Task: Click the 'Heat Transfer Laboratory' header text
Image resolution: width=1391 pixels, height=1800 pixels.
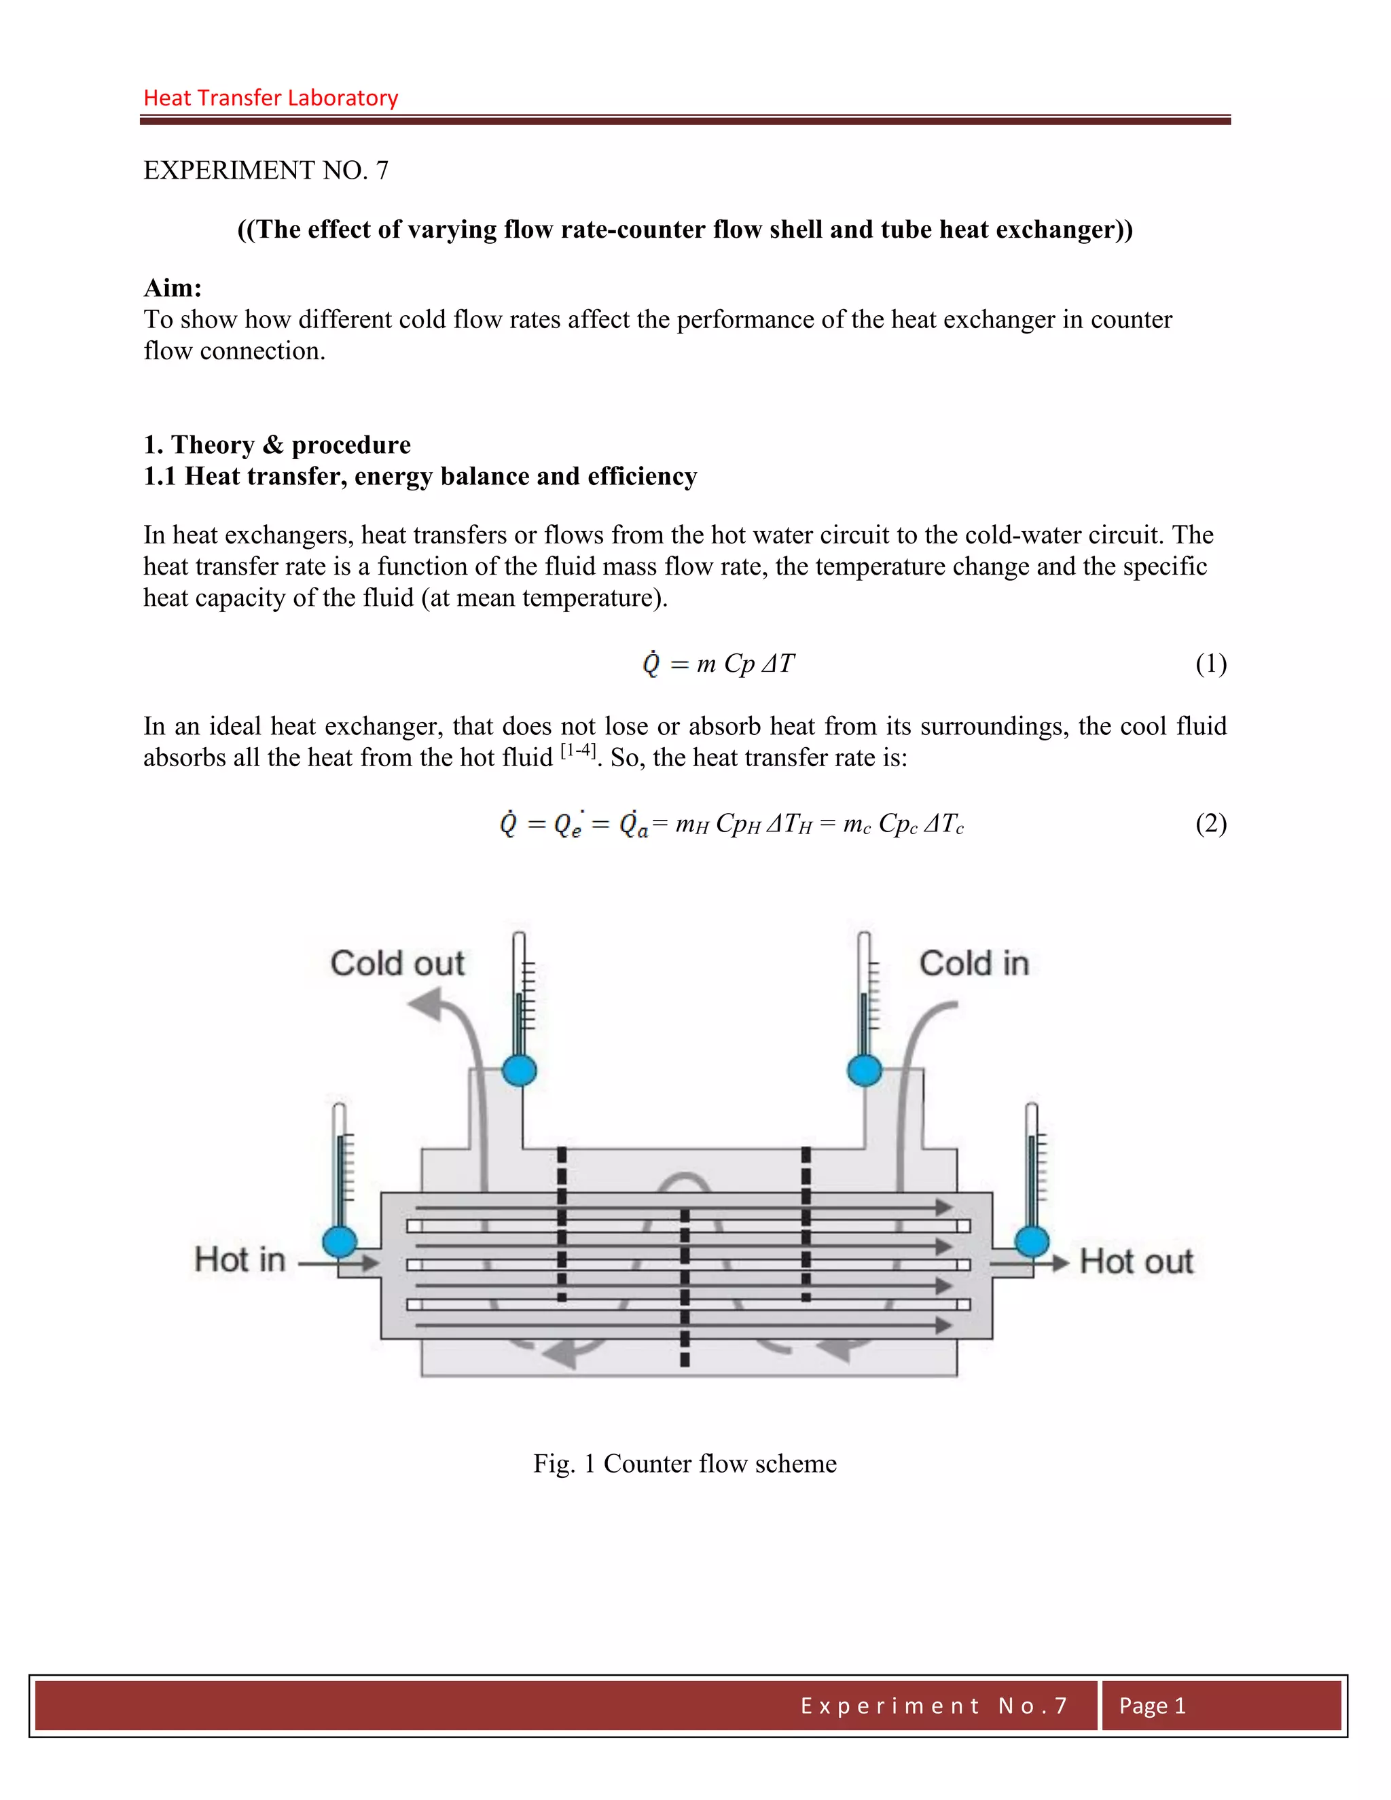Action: [270, 98]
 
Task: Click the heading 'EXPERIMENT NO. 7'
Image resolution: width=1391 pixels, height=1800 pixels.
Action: [266, 170]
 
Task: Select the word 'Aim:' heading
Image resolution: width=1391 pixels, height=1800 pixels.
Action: [173, 287]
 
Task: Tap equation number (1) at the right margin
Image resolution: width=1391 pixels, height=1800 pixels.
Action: [1210, 664]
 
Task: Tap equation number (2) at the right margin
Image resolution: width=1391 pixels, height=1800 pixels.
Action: [1210, 824]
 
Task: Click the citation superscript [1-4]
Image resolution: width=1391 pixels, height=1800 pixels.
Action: [578, 750]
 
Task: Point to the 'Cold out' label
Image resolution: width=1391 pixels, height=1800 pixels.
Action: [397, 963]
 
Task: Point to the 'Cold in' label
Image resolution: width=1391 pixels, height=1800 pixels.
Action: [974, 963]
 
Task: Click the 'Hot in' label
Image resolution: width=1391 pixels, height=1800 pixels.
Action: [240, 1260]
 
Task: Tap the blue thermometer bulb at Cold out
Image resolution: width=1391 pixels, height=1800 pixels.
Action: [519, 1070]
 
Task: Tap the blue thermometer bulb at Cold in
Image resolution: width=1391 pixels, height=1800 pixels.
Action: [865, 1070]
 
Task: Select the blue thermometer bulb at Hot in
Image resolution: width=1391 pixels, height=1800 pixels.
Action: [340, 1241]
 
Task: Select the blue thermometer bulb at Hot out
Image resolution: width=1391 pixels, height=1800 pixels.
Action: [1032, 1241]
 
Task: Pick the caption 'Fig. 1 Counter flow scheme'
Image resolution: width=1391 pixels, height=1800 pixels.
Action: [685, 1464]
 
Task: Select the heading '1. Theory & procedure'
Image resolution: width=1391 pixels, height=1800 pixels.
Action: [277, 445]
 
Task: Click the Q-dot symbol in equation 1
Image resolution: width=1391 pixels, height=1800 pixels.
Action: [651, 664]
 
